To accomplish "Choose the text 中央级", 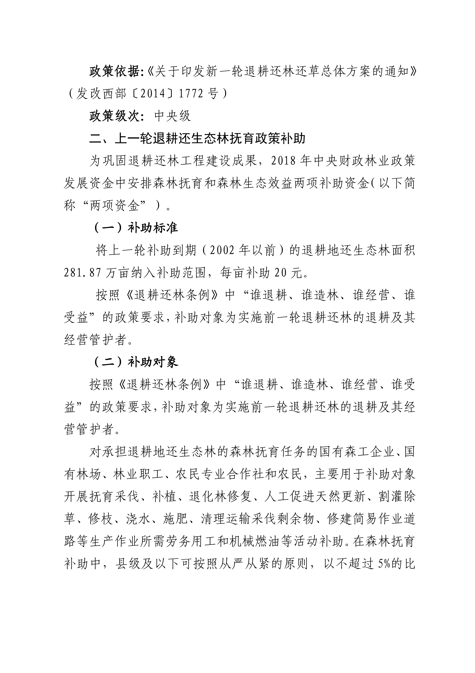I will click(173, 116).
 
